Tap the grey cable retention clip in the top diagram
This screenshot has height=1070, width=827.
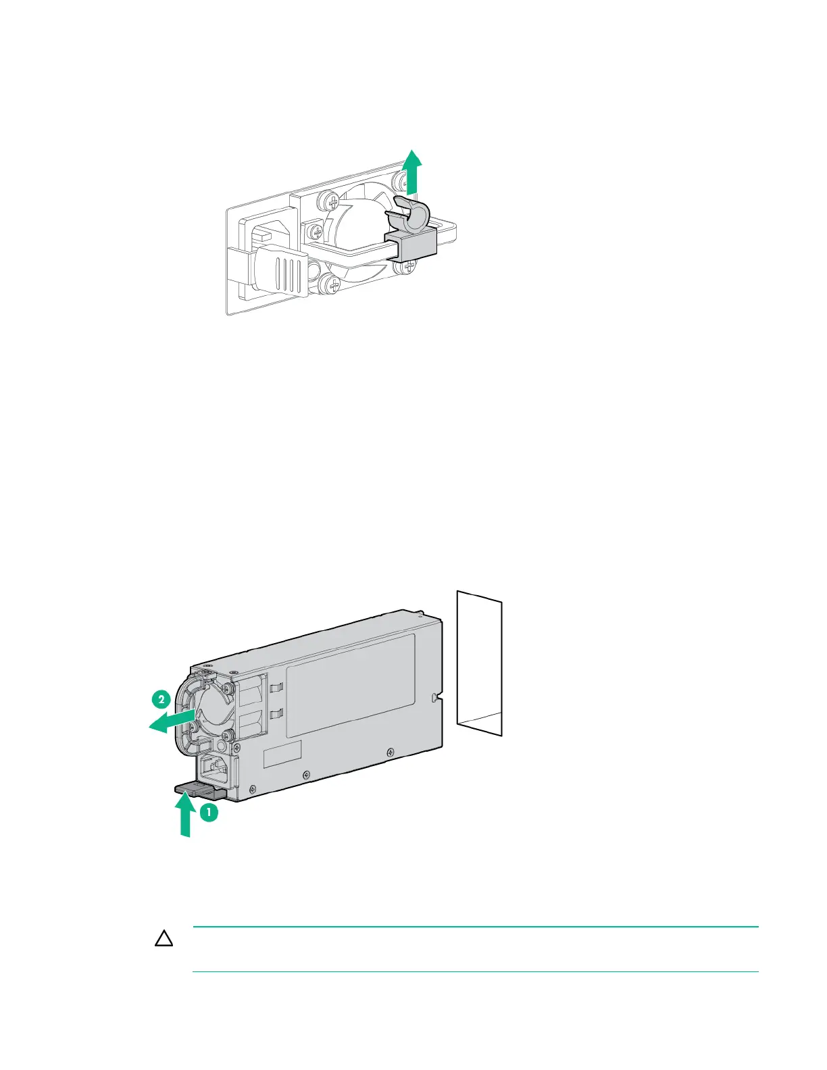point(410,218)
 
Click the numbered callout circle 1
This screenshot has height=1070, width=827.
point(209,813)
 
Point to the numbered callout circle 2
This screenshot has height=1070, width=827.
point(161,700)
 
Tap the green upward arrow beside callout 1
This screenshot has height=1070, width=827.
point(183,814)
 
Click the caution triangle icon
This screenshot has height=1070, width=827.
point(164,939)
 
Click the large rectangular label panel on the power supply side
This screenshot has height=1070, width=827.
point(350,685)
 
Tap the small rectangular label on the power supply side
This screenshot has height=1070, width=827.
point(282,754)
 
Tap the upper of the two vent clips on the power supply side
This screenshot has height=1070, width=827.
point(274,688)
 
